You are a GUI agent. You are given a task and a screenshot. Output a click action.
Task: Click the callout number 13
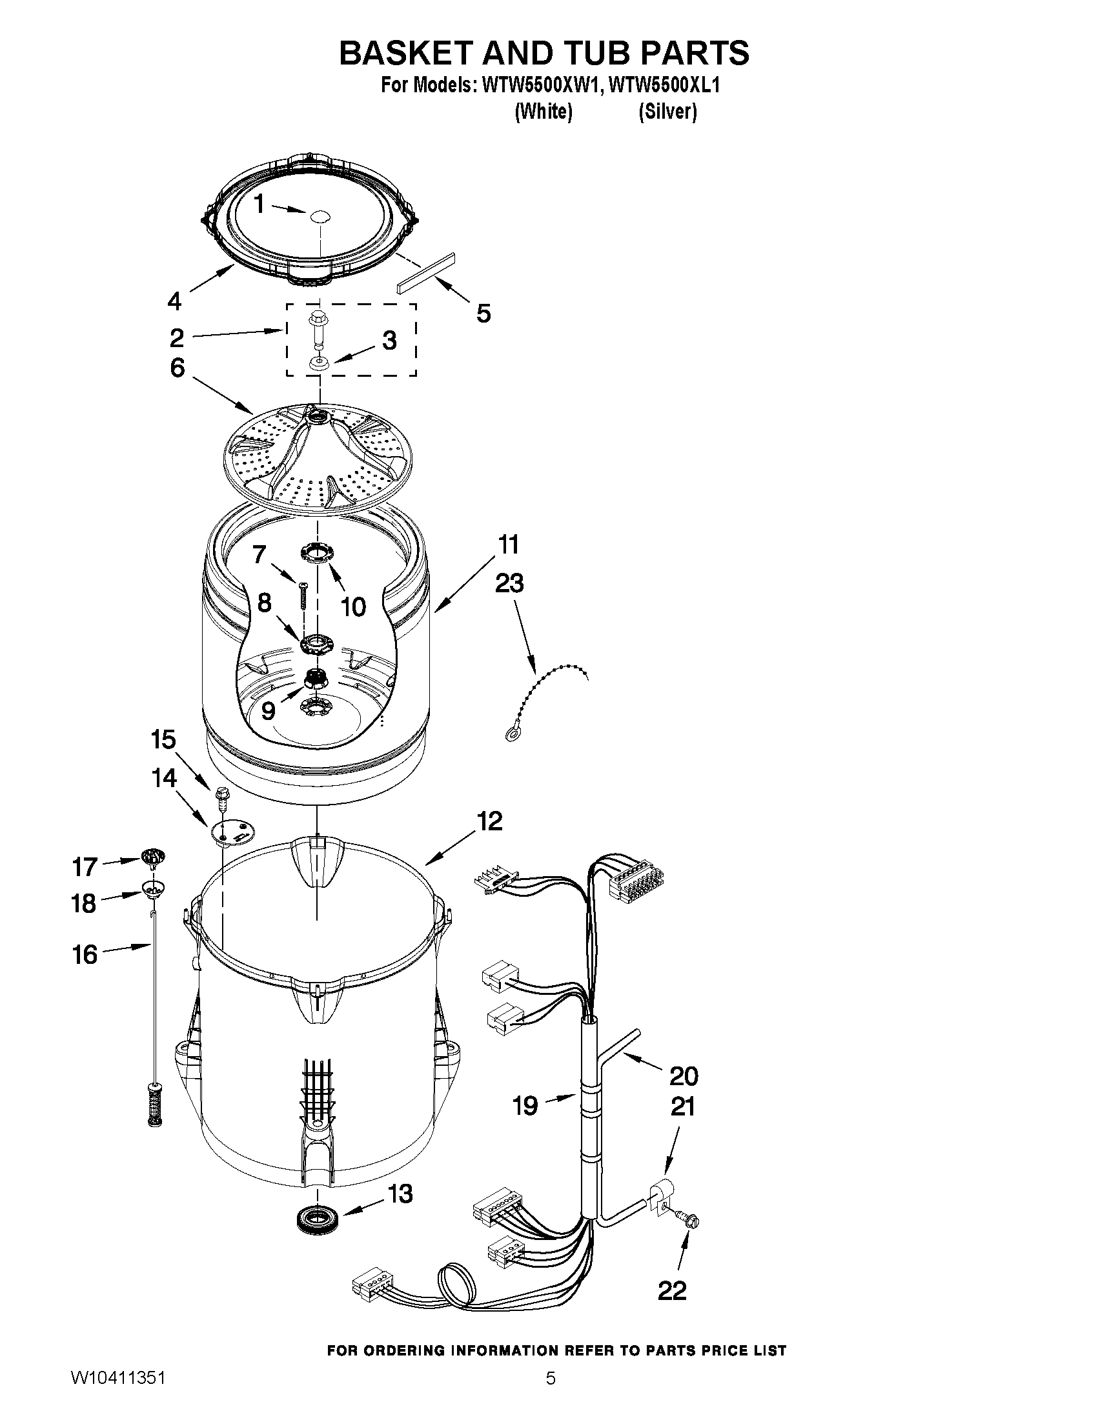(400, 1194)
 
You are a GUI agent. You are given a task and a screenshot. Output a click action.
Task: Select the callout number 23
(509, 583)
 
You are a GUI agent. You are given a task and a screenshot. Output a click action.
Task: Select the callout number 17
(84, 866)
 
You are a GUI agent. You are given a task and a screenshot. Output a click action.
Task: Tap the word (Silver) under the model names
(667, 112)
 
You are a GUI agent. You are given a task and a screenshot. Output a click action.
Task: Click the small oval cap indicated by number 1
(320, 217)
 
